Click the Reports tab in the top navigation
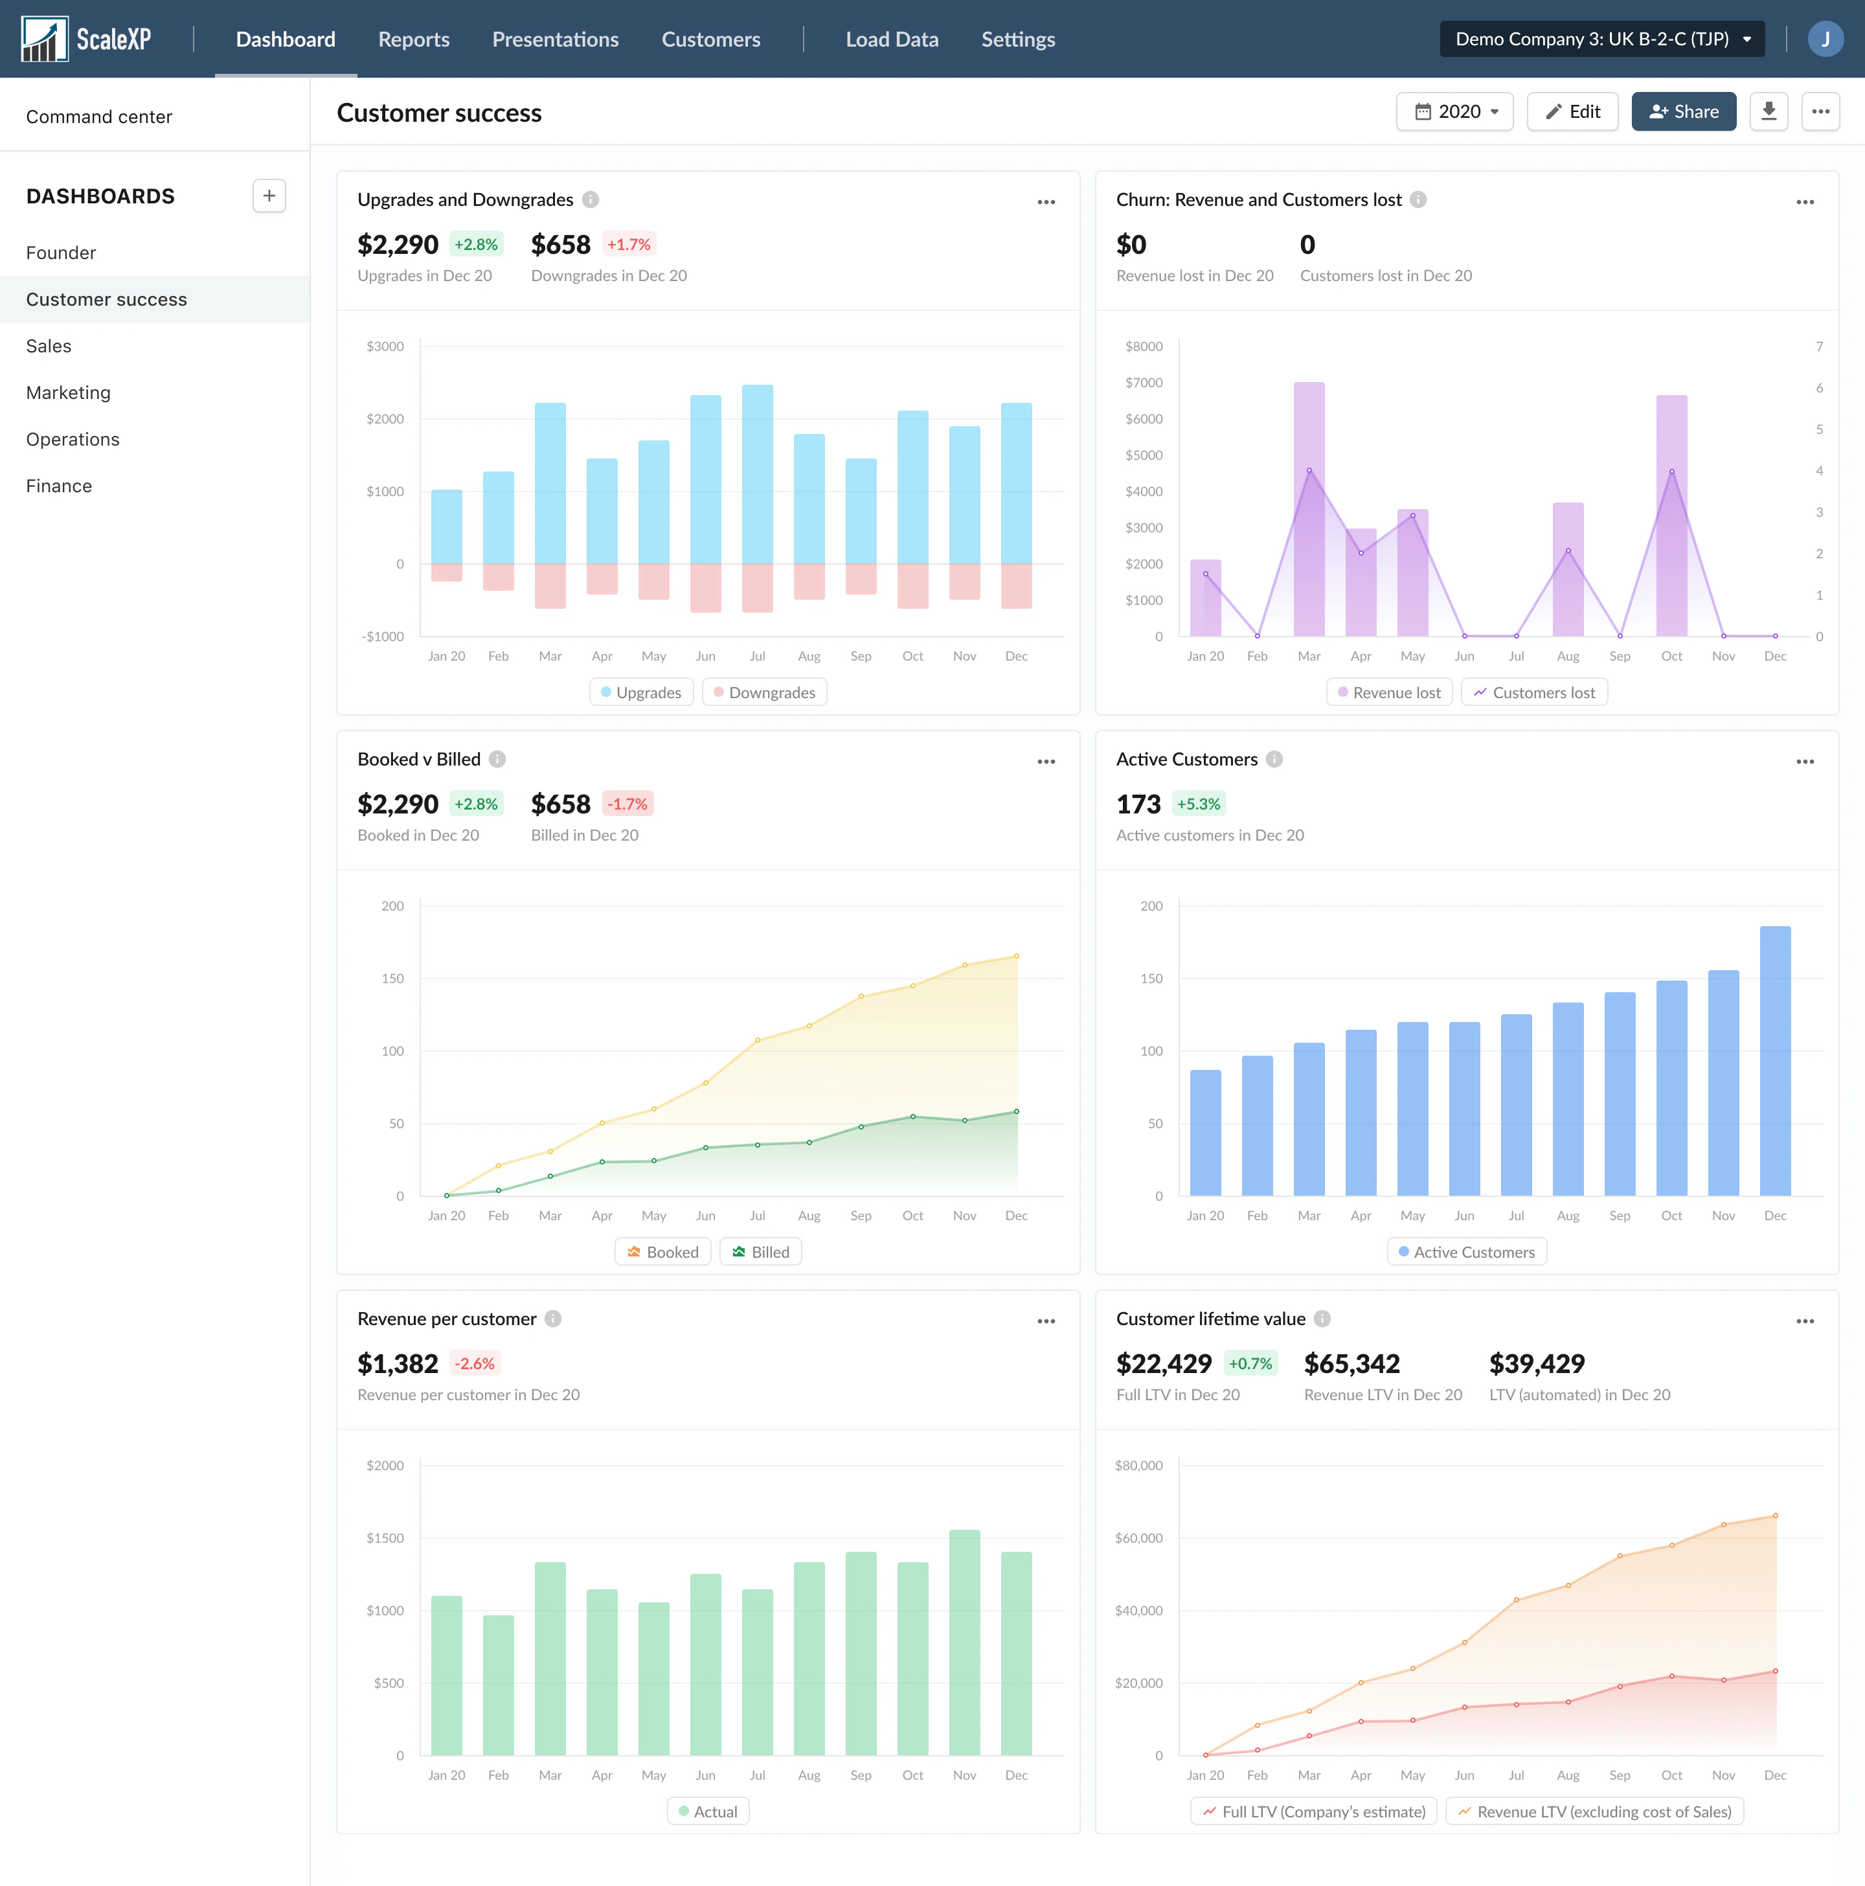tap(414, 39)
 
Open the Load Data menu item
tap(892, 39)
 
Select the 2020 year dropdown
tap(1454, 111)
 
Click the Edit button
tap(1572, 111)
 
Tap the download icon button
tap(1769, 111)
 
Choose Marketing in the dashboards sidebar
tap(68, 392)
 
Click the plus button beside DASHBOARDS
tap(269, 195)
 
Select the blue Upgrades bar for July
tap(757, 475)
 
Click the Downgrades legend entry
tap(764, 692)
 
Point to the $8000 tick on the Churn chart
tap(1144, 347)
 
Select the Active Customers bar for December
tap(1775, 1061)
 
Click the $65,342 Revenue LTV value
tap(1351, 1364)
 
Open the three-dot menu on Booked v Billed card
tap(1046, 762)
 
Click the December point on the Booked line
tap(1016, 957)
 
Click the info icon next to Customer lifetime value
tap(1322, 1319)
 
